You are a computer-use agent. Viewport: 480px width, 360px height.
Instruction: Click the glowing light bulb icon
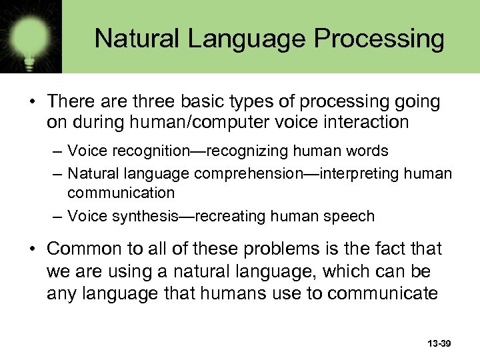click(31, 33)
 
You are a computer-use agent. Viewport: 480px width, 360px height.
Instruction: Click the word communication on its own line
click(121, 193)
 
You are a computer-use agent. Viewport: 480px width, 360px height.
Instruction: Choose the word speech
click(352, 216)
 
